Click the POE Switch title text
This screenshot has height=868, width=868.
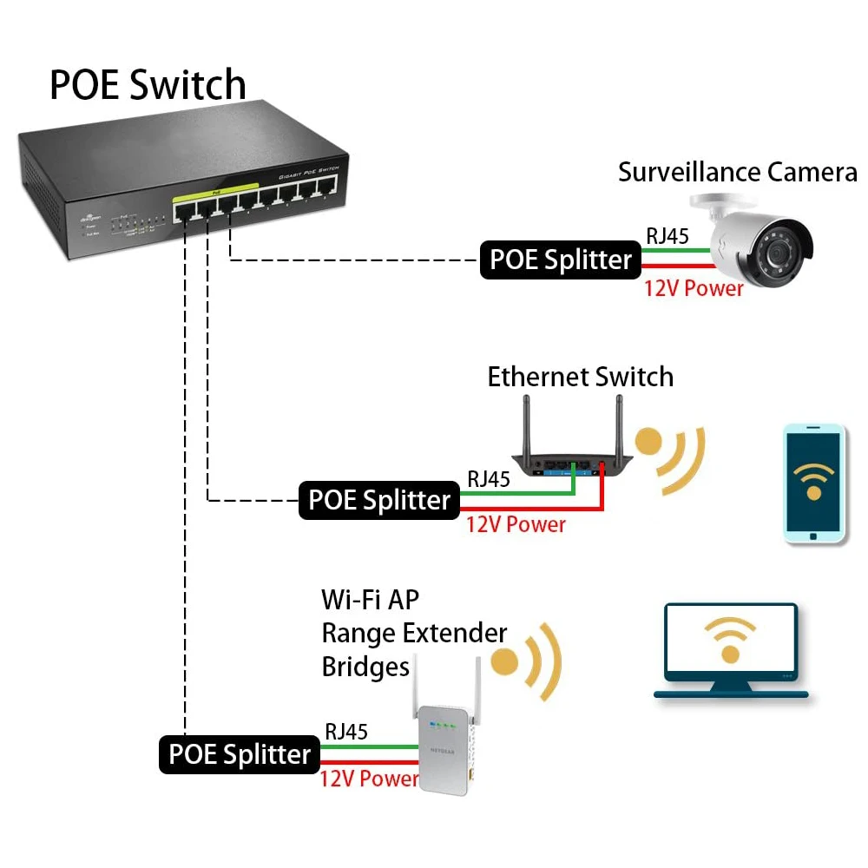pos(148,84)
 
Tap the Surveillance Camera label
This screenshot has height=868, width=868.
pos(737,172)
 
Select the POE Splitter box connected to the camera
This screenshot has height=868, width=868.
pos(561,260)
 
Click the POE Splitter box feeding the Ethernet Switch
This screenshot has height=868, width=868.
pos(379,501)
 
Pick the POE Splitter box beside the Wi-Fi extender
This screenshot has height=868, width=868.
pos(239,753)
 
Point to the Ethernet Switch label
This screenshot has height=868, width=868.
pos(580,377)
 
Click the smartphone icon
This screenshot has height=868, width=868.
pos(813,483)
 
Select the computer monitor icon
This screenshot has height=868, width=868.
pos(730,648)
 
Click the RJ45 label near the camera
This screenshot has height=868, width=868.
pos(667,236)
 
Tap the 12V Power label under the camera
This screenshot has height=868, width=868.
pos(694,288)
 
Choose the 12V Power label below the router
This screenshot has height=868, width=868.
pos(516,524)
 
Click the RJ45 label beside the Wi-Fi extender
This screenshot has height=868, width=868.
pos(345,732)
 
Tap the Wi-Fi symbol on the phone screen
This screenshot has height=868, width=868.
pos(813,478)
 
